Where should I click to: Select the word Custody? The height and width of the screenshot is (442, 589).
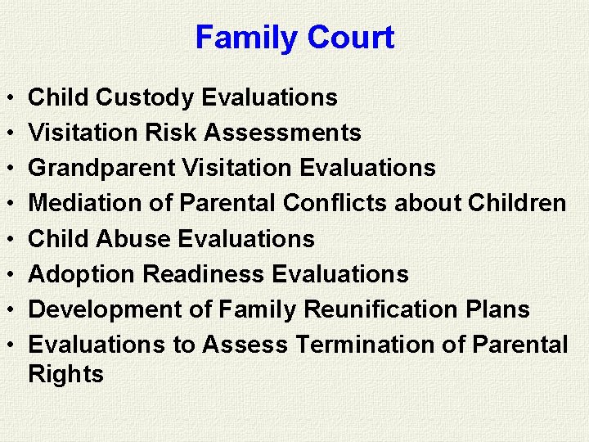pyautogui.click(x=144, y=97)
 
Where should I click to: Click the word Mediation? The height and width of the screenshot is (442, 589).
pyautogui.click(x=87, y=203)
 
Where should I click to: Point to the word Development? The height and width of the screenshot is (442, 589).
pyautogui.click(x=101, y=309)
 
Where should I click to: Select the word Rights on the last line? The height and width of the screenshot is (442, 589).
pyautogui.click(x=65, y=374)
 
